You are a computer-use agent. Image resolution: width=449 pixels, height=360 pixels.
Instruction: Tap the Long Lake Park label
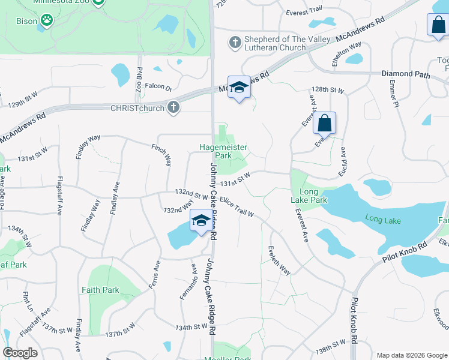(309, 195)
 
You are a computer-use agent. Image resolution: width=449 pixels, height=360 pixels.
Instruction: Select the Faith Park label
(100, 290)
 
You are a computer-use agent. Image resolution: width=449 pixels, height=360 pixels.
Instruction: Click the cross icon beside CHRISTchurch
(173, 107)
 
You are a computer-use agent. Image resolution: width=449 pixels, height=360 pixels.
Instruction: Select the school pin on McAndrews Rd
(239, 88)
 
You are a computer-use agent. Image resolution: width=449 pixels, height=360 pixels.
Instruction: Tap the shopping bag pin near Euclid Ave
(324, 123)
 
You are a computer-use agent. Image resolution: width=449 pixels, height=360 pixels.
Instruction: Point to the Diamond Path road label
(406, 74)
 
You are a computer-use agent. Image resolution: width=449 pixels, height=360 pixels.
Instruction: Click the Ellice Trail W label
(237, 206)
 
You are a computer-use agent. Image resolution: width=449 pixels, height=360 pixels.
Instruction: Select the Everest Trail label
(305, 11)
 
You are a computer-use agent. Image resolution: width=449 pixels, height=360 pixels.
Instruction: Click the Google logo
(20, 352)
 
